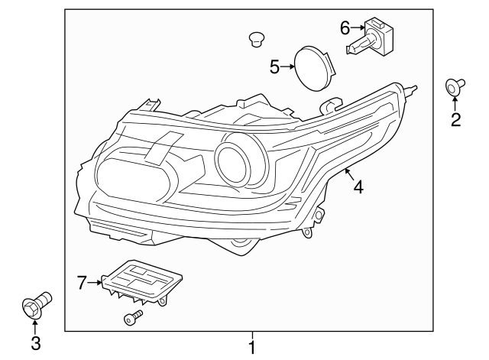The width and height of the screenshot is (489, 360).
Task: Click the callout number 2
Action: pyautogui.click(x=455, y=120)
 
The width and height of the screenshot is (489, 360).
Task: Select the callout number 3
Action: pyautogui.click(x=35, y=344)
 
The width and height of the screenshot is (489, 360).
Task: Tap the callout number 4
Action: pyautogui.click(x=357, y=186)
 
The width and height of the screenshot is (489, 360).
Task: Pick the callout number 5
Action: pyautogui.click(x=275, y=67)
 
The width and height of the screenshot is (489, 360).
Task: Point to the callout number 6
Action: pyautogui.click(x=345, y=28)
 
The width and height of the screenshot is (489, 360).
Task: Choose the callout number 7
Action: pyautogui.click(x=82, y=284)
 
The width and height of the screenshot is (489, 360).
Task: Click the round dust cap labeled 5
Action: pyautogui.click(x=314, y=67)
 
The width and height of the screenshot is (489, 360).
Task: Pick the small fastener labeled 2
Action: pyautogui.click(x=455, y=89)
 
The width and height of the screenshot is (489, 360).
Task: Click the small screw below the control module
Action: pyautogui.click(x=132, y=316)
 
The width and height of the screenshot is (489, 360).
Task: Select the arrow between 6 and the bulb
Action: pyautogui.click(x=358, y=29)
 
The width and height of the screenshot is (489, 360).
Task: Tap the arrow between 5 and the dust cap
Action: pyautogui.click(x=289, y=67)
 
